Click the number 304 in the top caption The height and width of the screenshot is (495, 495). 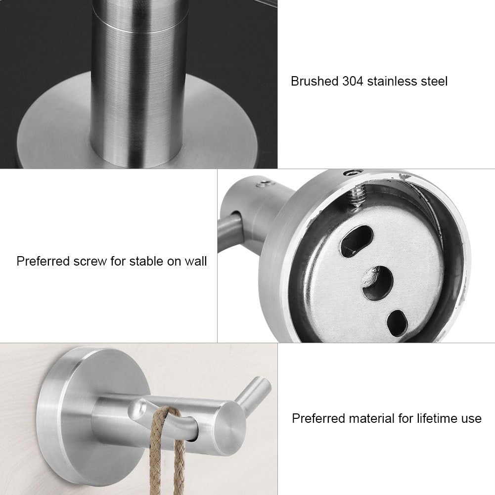[x=353, y=82]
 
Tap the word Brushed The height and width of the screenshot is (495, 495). [x=315, y=82]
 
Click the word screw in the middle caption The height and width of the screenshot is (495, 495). [x=90, y=262]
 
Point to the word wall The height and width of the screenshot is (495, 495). [x=196, y=262]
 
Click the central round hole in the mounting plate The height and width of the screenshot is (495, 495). [x=378, y=282]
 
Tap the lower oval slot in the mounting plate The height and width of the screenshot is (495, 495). [x=397, y=323]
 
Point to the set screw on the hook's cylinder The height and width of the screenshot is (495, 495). [x=265, y=183]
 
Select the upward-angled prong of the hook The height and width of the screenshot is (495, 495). [x=253, y=393]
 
